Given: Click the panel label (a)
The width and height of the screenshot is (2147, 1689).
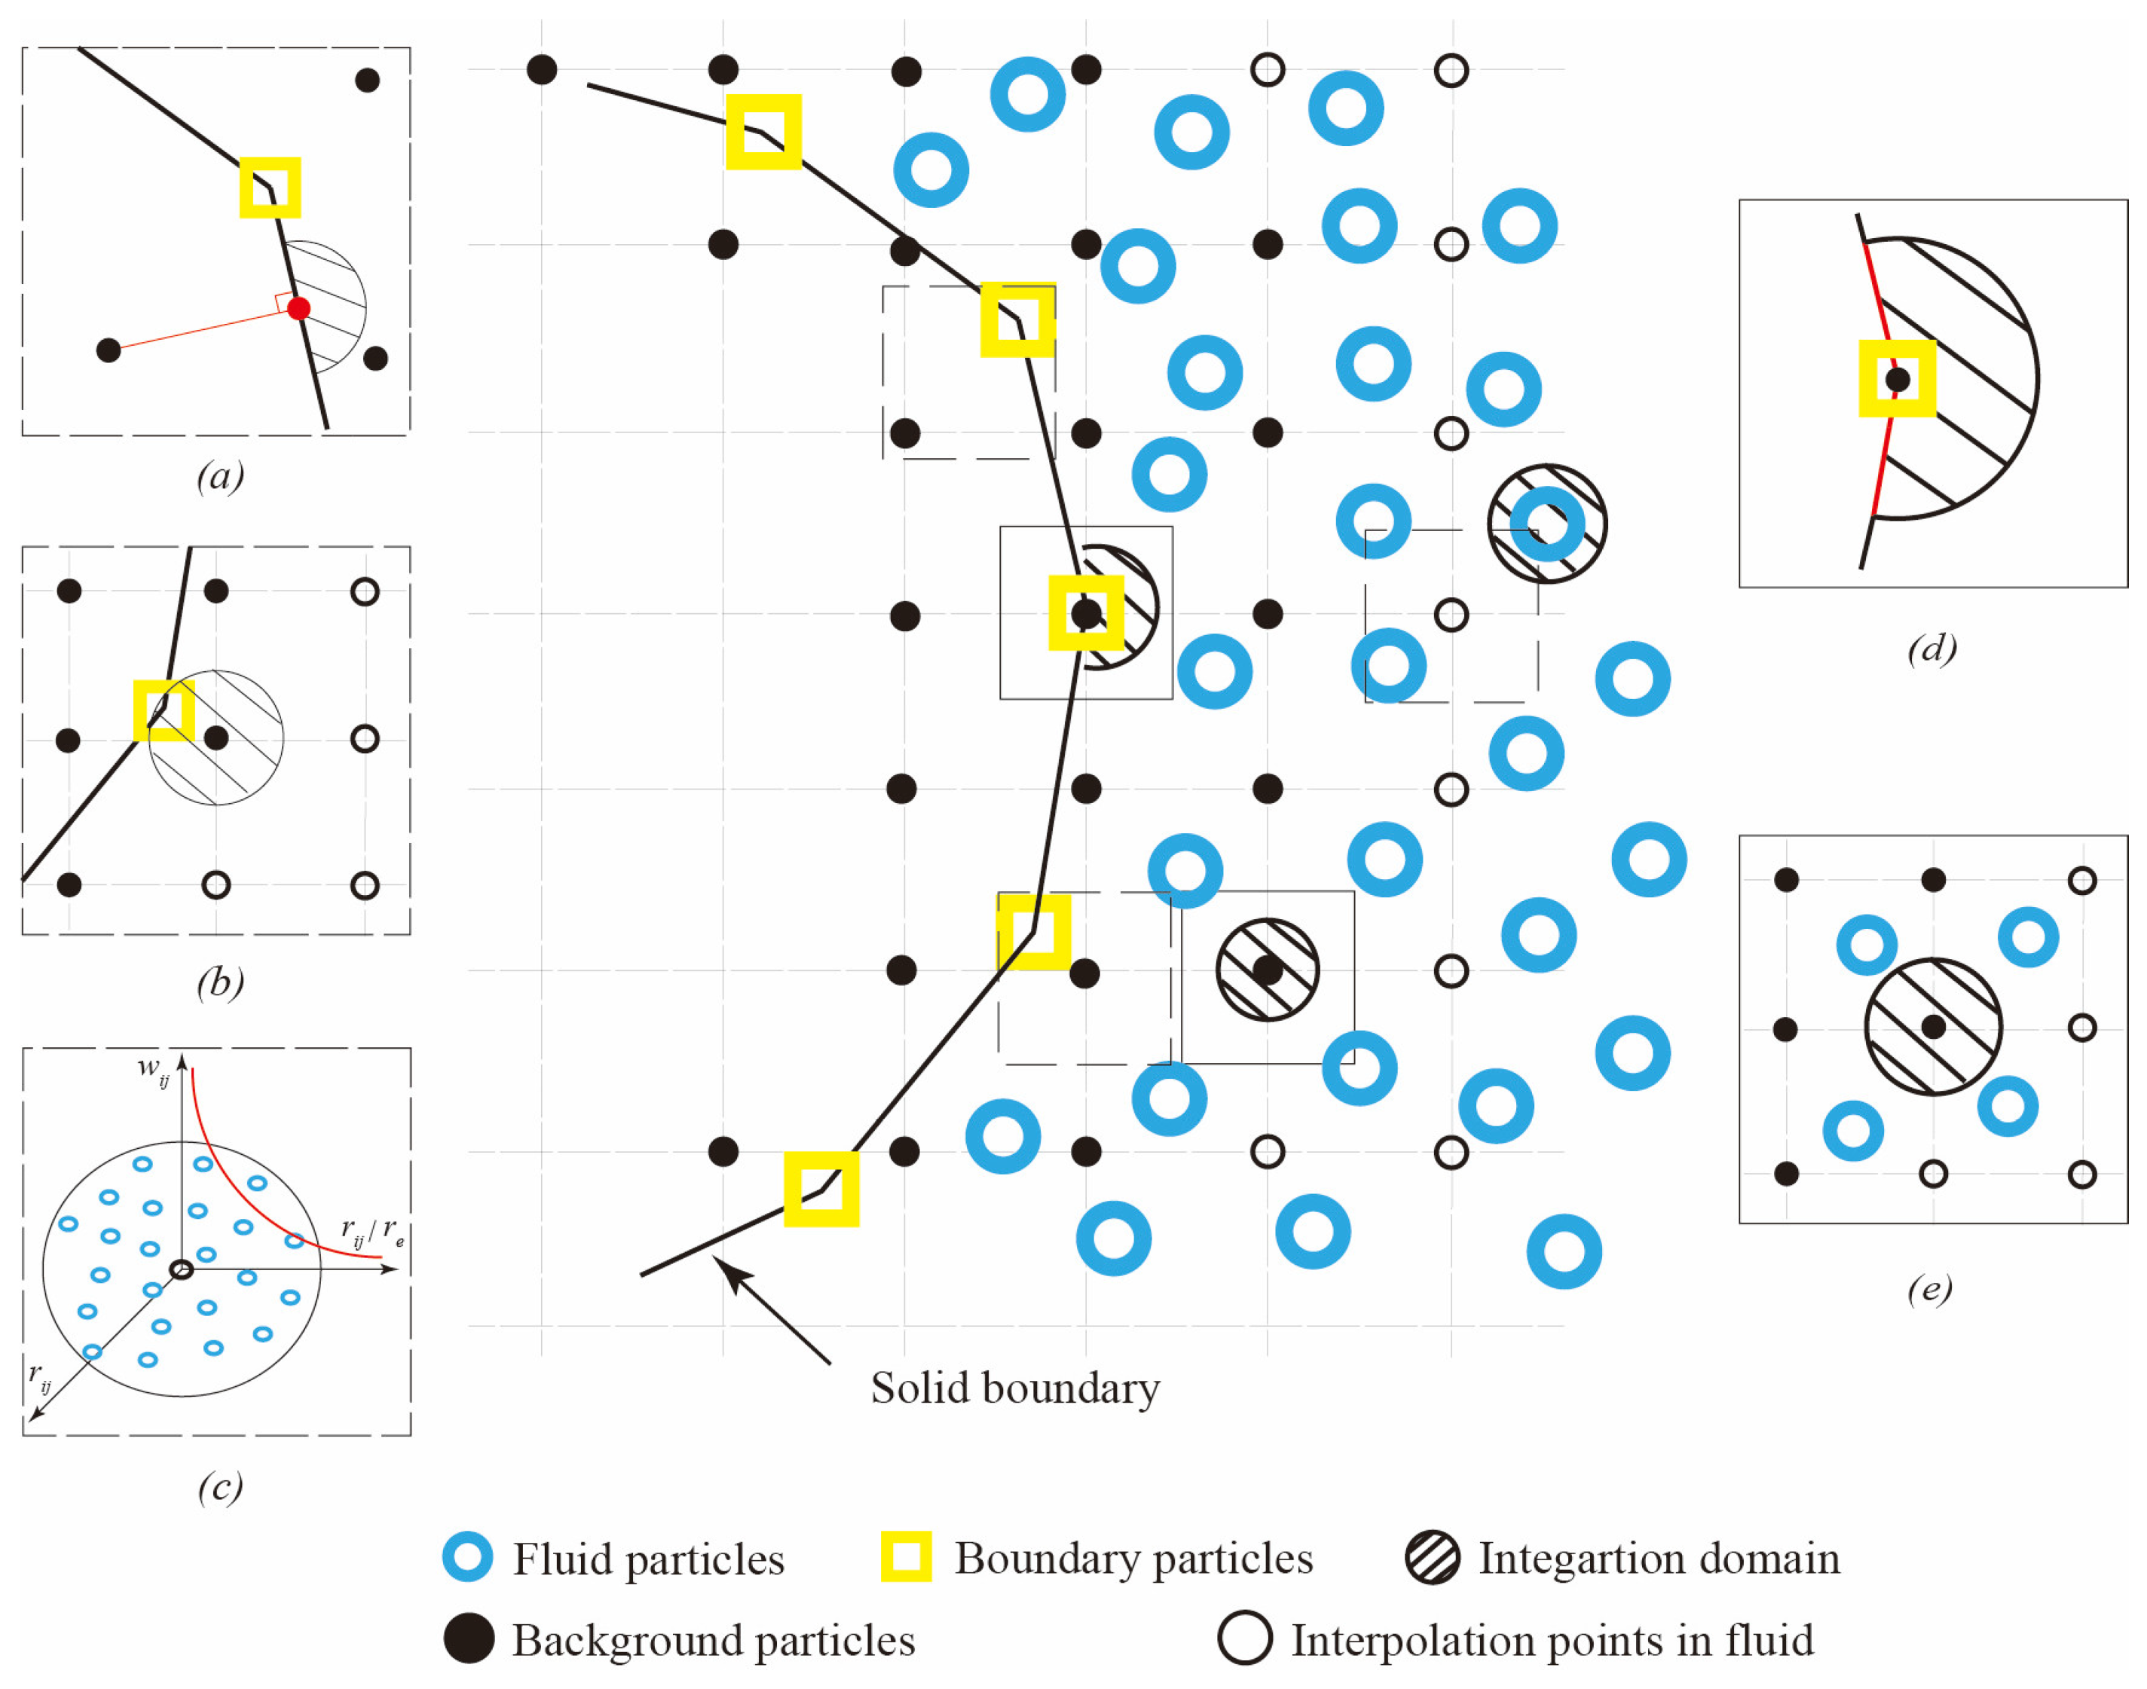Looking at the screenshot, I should (x=219, y=477).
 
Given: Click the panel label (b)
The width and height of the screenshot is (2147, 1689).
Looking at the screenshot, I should (x=219, y=982).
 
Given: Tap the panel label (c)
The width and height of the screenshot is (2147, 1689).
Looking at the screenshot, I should (x=219, y=1487).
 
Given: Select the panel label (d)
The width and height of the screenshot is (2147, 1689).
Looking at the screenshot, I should (x=1931, y=649).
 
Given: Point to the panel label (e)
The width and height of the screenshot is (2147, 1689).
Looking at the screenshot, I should (x=1928, y=1288).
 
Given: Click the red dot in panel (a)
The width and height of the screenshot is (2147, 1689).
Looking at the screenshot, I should (x=298, y=309).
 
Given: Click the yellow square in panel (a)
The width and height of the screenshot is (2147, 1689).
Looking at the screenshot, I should (x=270, y=187).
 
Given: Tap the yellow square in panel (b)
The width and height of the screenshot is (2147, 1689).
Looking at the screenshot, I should (x=164, y=710).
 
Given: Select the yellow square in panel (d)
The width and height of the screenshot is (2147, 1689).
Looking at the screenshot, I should (x=1896, y=379).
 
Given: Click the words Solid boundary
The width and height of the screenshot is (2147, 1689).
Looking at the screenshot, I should (x=1014, y=1388).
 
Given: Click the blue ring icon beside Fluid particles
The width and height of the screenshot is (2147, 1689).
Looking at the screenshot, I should (x=466, y=1557).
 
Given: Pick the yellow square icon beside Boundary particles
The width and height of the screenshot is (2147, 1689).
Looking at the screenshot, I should (x=906, y=1556).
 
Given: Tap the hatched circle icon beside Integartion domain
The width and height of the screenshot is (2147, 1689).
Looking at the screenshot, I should (x=1431, y=1557).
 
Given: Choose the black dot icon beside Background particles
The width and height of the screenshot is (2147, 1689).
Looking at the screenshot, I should (x=468, y=1639).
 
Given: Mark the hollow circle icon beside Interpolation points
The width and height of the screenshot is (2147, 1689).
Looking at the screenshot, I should (x=1243, y=1639).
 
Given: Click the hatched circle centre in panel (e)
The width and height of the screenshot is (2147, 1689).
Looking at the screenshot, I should (x=1932, y=1027).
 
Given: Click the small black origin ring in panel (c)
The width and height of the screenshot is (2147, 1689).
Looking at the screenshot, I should (x=181, y=1269).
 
